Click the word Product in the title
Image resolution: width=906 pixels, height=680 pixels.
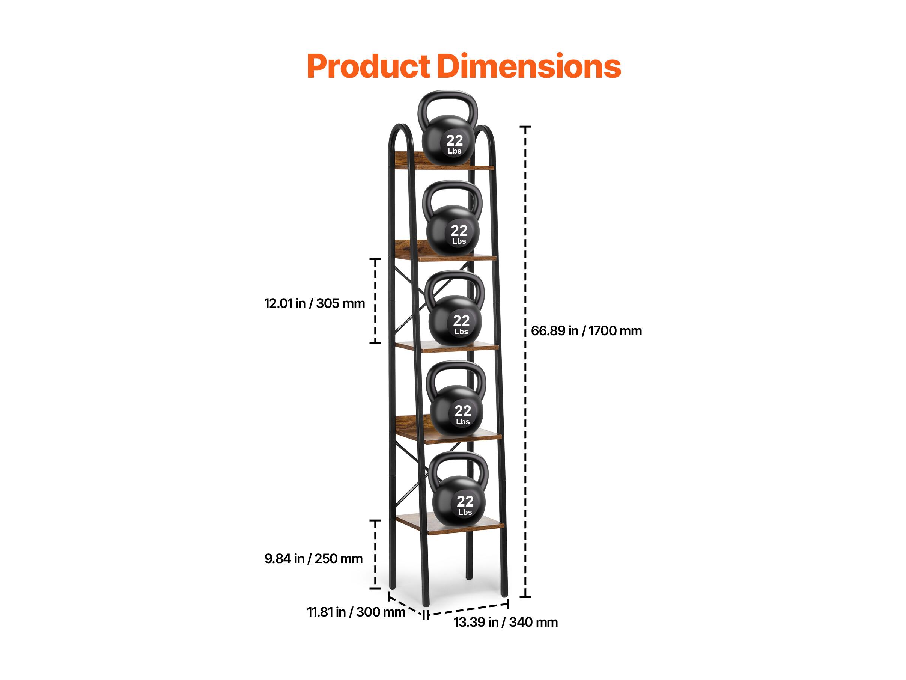[x=369, y=66]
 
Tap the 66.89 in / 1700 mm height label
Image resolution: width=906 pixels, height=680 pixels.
[x=586, y=331]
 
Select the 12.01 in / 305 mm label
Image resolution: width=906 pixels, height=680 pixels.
[x=314, y=303]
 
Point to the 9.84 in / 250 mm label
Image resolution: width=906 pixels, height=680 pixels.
[x=313, y=559]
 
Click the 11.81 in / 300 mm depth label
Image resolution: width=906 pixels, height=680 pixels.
[x=356, y=612]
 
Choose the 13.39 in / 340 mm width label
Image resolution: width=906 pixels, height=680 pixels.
[x=506, y=622]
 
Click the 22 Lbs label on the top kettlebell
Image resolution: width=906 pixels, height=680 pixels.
[x=455, y=144]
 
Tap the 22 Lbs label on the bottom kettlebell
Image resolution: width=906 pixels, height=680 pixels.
[x=465, y=505]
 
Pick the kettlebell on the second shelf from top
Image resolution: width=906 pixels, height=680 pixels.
[x=453, y=218]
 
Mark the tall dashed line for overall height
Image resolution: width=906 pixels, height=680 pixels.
[x=525, y=362]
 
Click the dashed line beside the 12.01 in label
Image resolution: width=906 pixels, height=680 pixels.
[x=375, y=301]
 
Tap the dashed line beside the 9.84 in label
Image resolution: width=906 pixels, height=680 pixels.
[x=375, y=554]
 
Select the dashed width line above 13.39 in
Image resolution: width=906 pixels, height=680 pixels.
[x=467, y=609]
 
